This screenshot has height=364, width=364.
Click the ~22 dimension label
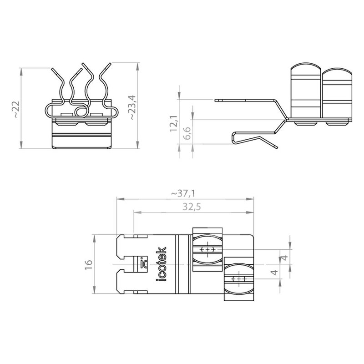16,109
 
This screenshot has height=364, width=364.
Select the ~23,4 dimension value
133,107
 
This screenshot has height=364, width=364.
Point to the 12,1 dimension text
173,124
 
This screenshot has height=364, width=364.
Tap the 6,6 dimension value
187,133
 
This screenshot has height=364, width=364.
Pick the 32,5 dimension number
192,207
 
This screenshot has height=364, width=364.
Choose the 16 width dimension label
89,265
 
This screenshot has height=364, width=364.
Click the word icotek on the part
162,264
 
